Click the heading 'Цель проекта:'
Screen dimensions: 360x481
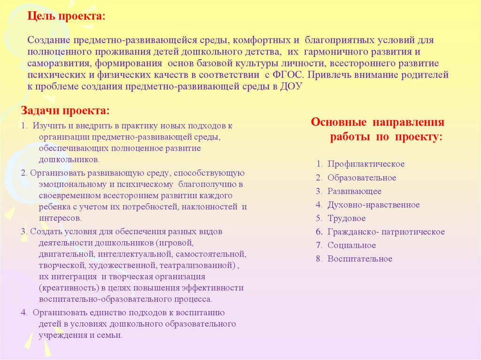point(66,16)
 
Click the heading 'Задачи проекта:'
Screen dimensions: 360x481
point(65,111)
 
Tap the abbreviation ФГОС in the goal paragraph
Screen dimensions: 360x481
point(287,74)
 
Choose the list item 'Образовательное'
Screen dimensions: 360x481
point(362,178)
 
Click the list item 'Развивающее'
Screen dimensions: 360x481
point(354,191)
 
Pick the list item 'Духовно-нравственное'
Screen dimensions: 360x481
point(373,205)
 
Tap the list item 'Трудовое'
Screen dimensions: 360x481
point(347,218)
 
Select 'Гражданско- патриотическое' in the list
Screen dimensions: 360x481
point(386,232)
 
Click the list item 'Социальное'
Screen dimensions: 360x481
point(352,245)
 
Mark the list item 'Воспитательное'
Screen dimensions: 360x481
point(360,259)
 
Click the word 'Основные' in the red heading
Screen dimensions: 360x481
point(339,123)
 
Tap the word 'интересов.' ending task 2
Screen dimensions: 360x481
point(61,218)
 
